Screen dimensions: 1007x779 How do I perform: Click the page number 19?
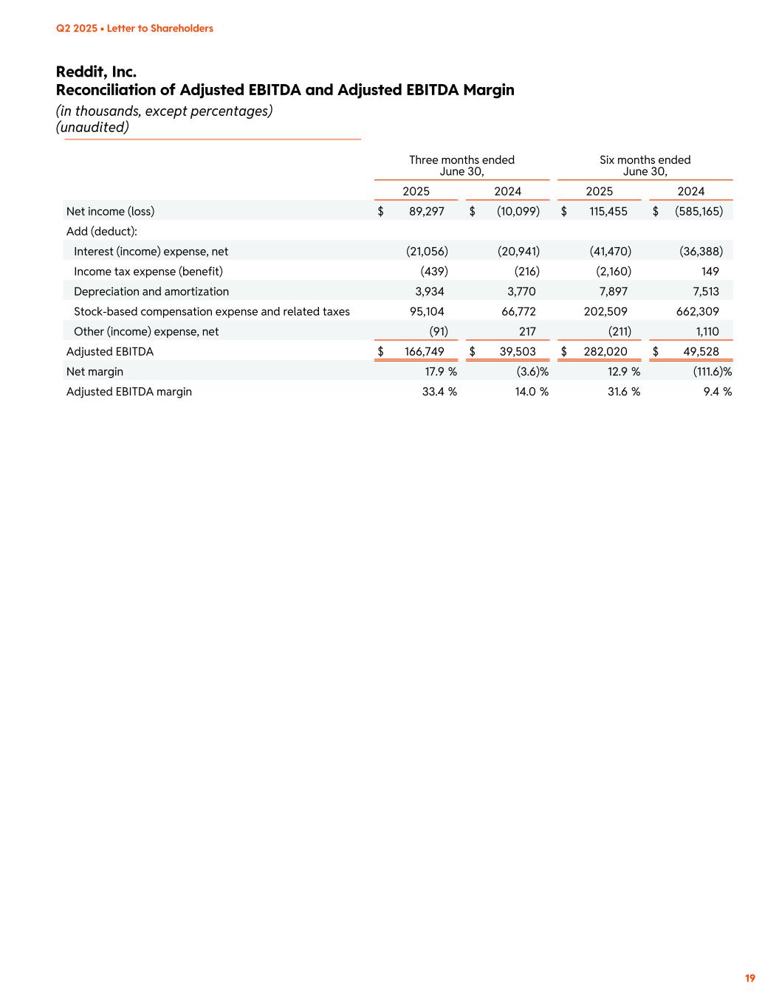pyautogui.click(x=749, y=978)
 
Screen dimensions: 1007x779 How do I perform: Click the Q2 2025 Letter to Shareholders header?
pyautogui.click(x=134, y=28)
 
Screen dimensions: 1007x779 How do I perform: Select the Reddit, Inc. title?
pyautogui.click(x=96, y=72)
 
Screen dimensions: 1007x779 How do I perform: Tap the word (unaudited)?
pyautogui.click(x=92, y=127)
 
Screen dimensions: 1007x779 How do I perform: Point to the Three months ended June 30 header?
pyautogui.click(x=461, y=165)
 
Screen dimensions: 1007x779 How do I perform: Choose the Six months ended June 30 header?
pyautogui.click(x=645, y=165)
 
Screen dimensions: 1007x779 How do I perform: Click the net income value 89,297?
pyautogui.click(x=426, y=211)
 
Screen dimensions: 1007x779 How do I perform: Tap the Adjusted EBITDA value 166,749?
pyautogui.click(x=424, y=351)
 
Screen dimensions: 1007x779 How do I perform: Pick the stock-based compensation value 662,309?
pyautogui.click(x=697, y=311)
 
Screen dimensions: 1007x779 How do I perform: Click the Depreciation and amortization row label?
pyautogui.click(x=151, y=291)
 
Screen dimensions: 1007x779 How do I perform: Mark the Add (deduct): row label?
pyautogui.click(x=102, y=231)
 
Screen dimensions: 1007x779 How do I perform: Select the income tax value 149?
pyautogui.click(x=710, y=271)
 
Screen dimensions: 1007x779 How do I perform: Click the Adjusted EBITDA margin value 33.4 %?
pyautogui.click(x=439, y=391)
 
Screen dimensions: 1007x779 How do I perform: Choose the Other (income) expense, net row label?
pyautogui.click(x=146, y=331)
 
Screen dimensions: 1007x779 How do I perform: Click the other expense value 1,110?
pyautogui.click(x=707, y=331)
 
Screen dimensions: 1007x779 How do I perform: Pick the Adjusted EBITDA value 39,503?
pyautogui.click(x=518, y=351)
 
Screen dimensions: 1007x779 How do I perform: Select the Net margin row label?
pyautogui.click(x=95, y=371)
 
